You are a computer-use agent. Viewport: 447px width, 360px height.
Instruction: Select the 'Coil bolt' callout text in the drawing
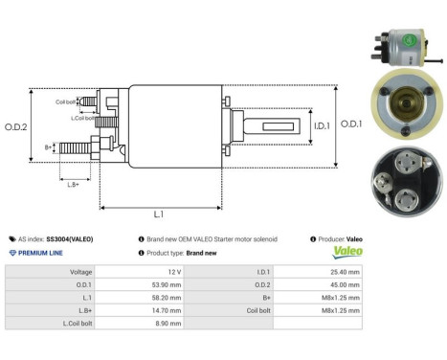(65, 101)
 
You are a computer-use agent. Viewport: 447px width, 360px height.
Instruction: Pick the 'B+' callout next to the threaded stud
(49, 146)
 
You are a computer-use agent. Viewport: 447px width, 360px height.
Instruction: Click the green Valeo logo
(346, 253)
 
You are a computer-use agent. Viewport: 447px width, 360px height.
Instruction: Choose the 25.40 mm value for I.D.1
(345, 272)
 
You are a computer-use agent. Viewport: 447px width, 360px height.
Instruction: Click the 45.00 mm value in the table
(345, 284)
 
